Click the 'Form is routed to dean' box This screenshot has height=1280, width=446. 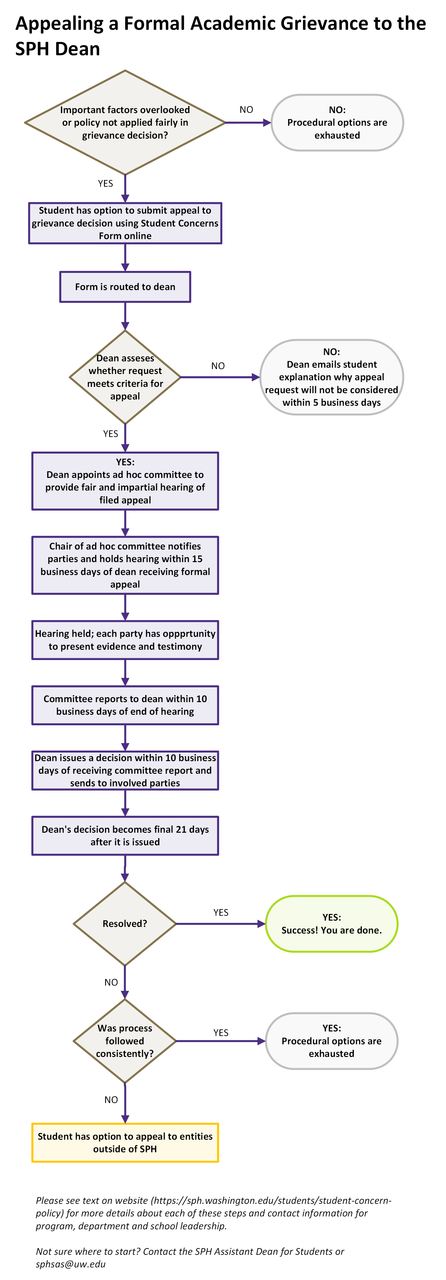[x=125, y=287]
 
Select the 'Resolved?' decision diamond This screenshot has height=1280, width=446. [x=125, y=924]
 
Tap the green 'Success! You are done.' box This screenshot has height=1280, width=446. [x=332, y=924]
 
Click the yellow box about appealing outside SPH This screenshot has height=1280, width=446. [x=125, y=1142]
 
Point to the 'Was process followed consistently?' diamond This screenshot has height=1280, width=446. [x=125, y=1041]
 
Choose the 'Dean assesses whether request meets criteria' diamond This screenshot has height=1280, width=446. [x=125, y=377]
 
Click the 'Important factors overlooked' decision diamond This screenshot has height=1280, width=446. [x=125, y=122]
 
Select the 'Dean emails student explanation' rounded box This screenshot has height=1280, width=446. [x=332, y=377]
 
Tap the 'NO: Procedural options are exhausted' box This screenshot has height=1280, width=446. [x=337, y=122]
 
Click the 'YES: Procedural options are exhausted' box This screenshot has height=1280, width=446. [x=332, y=1041]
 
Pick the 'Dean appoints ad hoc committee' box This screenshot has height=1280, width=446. [x=125, y=481]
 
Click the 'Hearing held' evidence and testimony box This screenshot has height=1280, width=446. [x=125, y=640]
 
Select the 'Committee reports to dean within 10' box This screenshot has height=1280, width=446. [x=125, y=705]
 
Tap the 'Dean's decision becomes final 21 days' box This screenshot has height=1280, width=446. [x=125, y=836]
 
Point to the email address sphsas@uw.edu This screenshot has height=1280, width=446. [x=70, y=1264]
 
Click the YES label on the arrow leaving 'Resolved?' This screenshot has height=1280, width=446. [x=221, y=912]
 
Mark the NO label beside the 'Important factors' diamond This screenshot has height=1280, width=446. [x=246, y=109]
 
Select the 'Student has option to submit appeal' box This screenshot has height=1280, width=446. [x=125, y=223]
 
